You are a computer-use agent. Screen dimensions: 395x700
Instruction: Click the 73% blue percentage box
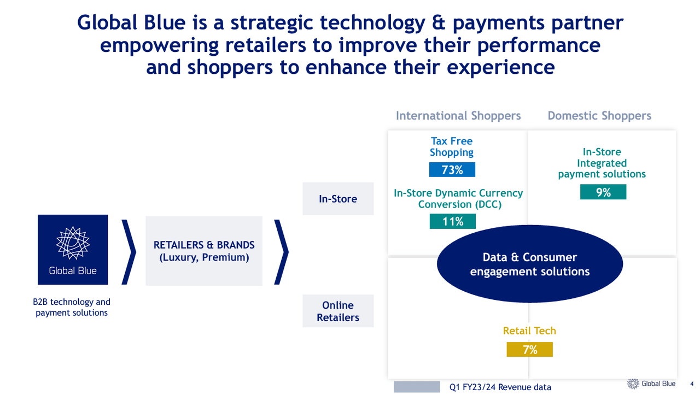[452, 170]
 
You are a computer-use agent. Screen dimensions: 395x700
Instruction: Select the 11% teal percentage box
[452, 221]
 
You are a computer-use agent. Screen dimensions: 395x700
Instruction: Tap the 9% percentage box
[603, 192]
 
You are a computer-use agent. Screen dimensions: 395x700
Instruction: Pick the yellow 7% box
[529, 350]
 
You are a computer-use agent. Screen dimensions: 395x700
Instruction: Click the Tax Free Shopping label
[452, 147]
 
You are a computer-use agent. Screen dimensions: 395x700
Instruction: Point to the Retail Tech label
[529, 331]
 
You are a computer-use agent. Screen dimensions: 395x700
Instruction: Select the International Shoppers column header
[458, 116]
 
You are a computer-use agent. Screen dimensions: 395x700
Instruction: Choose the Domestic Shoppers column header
[599, 116]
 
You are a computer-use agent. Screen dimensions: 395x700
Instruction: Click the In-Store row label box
[338, 199]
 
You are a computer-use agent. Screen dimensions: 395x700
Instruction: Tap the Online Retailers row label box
[338, 311]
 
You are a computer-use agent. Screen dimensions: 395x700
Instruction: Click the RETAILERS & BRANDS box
[204, 251]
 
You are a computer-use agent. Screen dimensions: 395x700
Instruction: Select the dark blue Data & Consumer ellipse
[529, 264]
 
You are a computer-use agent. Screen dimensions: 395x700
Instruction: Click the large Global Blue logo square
[73, 250]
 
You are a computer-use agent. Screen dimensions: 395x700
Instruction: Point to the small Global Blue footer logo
[651, 384]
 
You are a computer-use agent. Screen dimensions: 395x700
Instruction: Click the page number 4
[691, 384]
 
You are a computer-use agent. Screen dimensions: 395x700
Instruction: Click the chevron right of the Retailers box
[281, 251]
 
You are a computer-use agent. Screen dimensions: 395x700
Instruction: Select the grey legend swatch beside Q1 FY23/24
[417, 387]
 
